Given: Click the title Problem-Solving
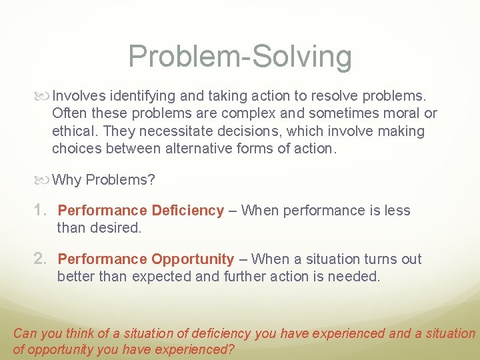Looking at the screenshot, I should click(x=240, y=56).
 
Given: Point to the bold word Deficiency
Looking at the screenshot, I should click(x=187, y=211).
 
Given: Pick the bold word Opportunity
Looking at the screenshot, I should click(x=193, y=259).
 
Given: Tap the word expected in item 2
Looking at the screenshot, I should click(x=159, y=276).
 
